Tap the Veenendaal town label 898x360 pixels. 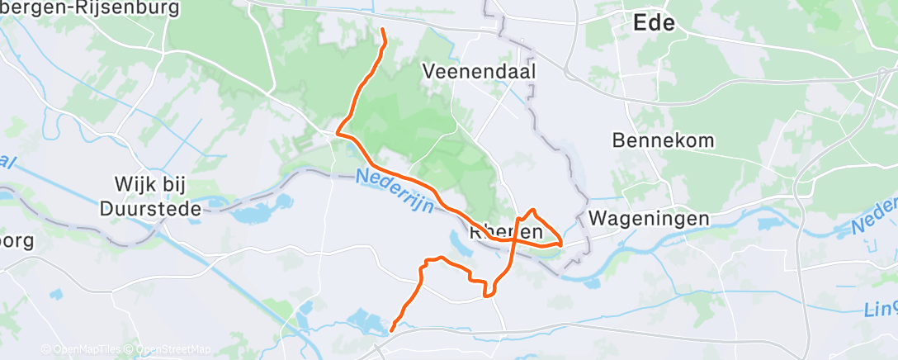480,71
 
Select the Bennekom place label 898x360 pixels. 663,140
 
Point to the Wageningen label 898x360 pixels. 650,219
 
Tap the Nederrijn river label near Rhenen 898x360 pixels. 395,191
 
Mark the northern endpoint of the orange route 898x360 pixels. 383,31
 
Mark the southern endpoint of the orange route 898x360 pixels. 391,330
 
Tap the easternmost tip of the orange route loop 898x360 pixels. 561,244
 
